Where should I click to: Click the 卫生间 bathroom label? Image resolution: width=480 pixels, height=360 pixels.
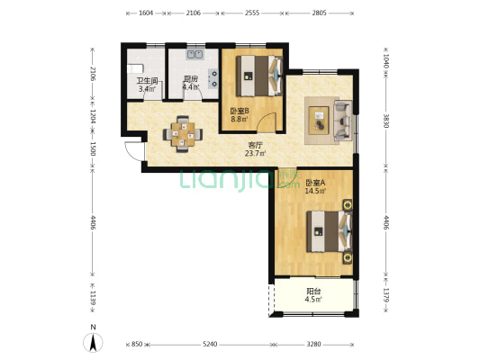tap(147, 81)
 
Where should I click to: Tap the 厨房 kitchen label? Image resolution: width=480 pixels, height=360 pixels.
tap(190, 79)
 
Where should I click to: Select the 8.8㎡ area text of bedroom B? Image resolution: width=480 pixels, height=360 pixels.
tap(239, 119)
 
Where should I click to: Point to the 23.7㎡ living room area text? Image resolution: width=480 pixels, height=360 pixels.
tap(255, 153)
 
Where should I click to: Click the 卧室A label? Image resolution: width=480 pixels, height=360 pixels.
tap(315, 183)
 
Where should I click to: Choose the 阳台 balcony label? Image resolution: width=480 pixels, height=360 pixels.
tap(313, 292)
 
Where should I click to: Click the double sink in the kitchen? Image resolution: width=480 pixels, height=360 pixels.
tap(195, 54)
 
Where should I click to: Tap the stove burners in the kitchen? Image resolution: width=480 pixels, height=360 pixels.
tap(213, 78)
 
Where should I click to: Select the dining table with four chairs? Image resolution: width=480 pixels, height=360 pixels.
tap(183, 134)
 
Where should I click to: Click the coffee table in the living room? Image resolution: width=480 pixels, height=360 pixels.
tap(319, 121)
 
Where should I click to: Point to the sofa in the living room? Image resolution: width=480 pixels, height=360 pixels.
tap(343, 121)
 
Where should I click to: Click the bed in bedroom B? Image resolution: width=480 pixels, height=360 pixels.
tap(259, 76)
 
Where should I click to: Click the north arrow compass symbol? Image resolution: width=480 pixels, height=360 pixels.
tap(93, 342)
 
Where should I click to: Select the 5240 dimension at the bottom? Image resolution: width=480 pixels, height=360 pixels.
tap(210, 344)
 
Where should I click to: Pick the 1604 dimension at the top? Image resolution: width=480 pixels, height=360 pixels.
tap(146, 13)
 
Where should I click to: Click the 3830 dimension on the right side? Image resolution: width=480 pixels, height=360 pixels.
tap(386, 121)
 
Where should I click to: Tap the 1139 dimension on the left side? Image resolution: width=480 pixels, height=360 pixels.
tap(93, 298)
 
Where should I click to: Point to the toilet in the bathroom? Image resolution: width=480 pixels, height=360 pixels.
tap(135, 68)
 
